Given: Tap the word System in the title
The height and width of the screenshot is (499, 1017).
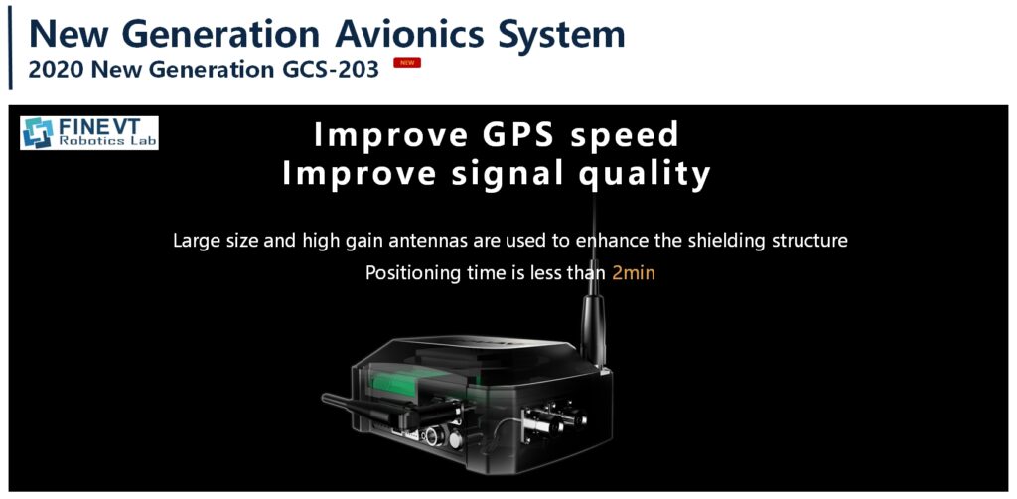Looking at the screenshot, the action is click(x=560, y=35).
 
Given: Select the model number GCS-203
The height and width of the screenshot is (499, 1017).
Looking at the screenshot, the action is click(x=331, y=69).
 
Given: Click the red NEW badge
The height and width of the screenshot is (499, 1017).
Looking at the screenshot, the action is click(x=407, y=63).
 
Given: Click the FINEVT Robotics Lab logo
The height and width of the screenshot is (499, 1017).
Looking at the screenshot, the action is click(x=88, y=133).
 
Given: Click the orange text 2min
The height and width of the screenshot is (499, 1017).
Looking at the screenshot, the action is click(x=634, y=273).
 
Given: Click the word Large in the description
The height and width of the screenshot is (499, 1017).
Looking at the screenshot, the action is click(x=192, y=242).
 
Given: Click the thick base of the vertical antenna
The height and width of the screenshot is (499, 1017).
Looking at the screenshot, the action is click(x=593, y=331).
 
